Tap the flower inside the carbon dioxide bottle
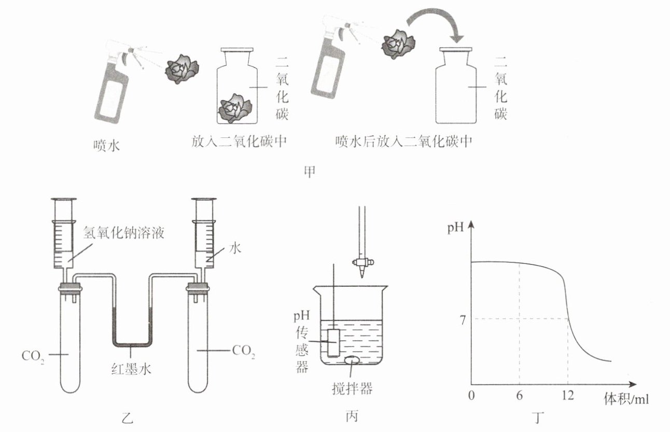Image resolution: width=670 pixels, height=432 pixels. [x=235, y=108]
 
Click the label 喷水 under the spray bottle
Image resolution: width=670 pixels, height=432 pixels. [x=106, y=146]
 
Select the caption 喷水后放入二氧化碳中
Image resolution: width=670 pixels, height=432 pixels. [x=403, y=141]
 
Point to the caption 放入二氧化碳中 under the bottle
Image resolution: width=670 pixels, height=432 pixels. [x=239, y=141]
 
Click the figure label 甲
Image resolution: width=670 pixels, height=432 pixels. [x=310, y=172]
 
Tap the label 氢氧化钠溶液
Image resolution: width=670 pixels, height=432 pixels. [x=123, y=232]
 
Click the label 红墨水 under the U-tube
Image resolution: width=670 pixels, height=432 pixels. [x=131, y=369]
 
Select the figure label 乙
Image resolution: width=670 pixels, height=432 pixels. [x=128, y=418]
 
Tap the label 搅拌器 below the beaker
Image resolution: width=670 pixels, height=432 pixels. [x=352, y=388]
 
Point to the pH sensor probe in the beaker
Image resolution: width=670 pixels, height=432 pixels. [x=333, y=343]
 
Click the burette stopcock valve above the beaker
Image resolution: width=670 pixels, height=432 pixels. [x=363, y=262]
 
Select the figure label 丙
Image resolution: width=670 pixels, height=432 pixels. [x=352, y=416]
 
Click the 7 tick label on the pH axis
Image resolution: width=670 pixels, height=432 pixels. [x=463, y=320]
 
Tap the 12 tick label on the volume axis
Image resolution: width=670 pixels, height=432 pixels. [x=567, y=396]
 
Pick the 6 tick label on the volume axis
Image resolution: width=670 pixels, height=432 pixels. [x=519, y=396]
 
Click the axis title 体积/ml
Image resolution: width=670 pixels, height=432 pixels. [x=626, y=399]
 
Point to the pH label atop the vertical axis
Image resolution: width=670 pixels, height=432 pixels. [x=455, y=228]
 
